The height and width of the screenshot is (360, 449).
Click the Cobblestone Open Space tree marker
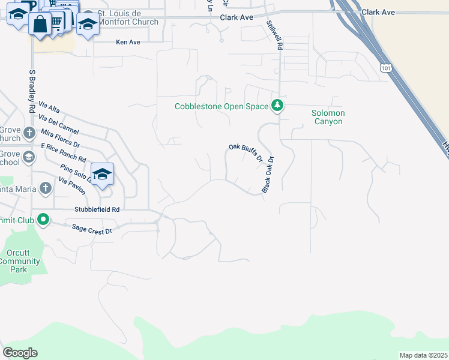277,106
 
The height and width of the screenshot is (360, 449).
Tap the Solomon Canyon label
327,117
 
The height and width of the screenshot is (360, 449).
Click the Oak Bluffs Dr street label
246,152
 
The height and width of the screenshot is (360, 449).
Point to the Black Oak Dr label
268,175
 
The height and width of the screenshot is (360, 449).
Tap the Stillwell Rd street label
274,35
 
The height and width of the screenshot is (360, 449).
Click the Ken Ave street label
127,43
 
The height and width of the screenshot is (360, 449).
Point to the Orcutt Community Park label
20,261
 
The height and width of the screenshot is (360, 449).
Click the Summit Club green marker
43,219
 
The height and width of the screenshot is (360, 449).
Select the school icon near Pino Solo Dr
102,174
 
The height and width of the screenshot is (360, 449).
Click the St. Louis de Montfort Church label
128,18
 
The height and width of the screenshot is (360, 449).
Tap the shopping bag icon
40,24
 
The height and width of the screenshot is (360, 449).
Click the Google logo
20,353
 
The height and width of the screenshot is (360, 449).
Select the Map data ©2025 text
423,355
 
